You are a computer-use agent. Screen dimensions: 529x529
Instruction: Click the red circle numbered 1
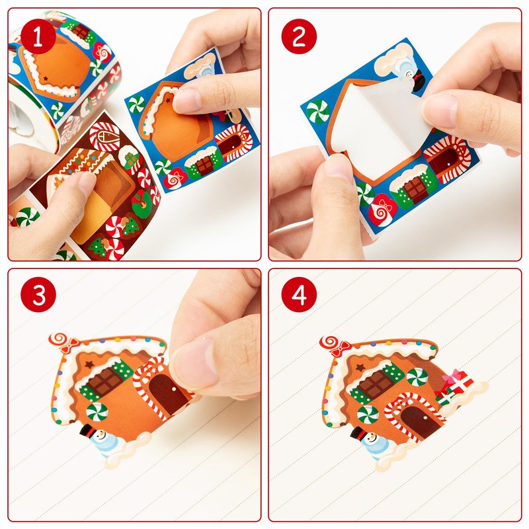tap(38, 36)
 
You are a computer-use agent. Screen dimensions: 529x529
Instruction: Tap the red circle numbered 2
tap(299, 36)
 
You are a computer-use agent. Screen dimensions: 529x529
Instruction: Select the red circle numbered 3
tap(38, 294)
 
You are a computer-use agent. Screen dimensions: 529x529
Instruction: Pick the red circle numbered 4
tap(299, 294)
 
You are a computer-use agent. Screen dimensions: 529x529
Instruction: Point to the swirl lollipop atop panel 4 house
tap(335, 345)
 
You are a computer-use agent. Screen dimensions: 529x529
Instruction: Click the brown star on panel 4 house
tap(360, 368)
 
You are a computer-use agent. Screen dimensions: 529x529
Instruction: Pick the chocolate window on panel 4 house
tap(377, 383)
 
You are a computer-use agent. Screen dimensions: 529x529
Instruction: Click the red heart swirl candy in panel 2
tap(381, 210)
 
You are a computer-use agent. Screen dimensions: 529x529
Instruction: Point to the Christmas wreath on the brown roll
tap(141, 204)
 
